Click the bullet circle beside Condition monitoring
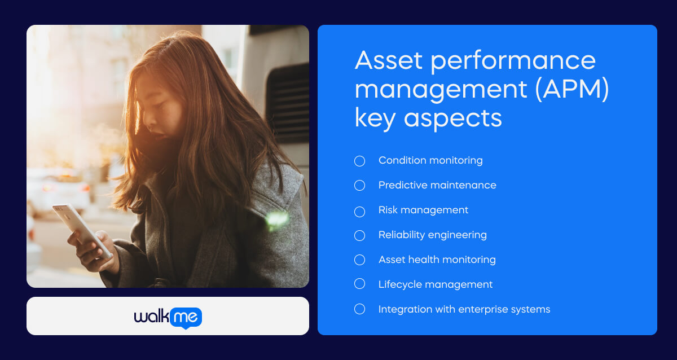click(360, 161)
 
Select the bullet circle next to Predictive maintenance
click(360, 185)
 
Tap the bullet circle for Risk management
click(360, 212)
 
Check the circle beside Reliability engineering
click(360, 235)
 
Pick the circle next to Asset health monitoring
click(360, 260)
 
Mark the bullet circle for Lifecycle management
click(360, 283)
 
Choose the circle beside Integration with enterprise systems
click(360, 309)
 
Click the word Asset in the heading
click(388, 60)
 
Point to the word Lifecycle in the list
click(395, 285)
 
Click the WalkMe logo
click(168, 317)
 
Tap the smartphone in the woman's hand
click(82, 231)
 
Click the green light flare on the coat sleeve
click(276, 220)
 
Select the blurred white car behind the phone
click(59, 191)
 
